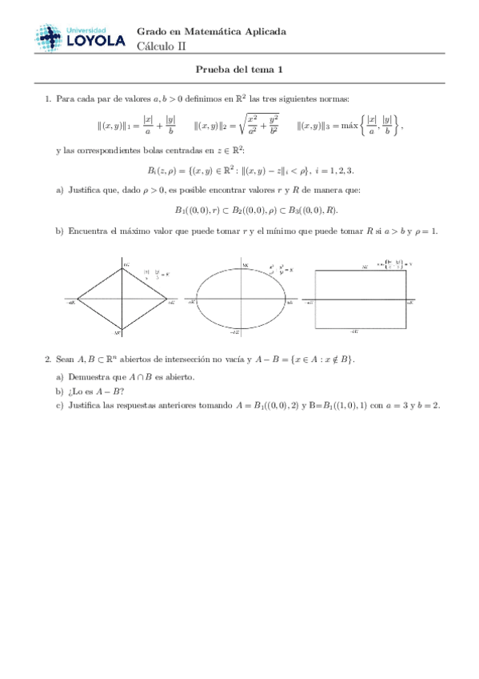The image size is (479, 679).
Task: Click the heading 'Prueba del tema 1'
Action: (239, 70)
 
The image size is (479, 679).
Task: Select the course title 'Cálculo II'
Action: (161, 46)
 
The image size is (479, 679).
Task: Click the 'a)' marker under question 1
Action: (60, 190)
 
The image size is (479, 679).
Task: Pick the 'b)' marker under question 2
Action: (60, 391)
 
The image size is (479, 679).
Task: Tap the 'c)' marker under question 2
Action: (60, 405)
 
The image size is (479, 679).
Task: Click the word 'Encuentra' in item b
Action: (87, 231)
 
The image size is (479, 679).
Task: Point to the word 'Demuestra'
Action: (89, 376)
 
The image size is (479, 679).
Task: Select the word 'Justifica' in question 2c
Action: (85, 405)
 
